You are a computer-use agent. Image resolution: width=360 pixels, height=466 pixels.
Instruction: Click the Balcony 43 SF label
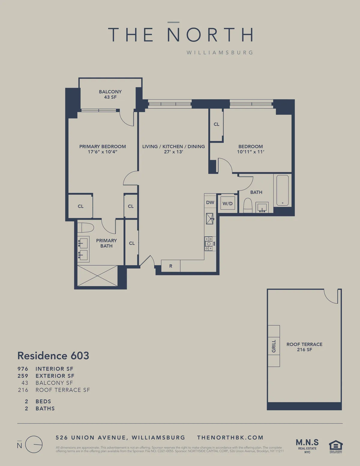point(110,94)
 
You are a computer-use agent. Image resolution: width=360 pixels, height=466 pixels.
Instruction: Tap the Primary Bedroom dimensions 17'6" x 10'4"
point(102,152)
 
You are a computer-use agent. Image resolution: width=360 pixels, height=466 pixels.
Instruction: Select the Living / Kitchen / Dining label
point(173,146)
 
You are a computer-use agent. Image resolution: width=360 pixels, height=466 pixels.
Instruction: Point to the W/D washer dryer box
point(227,203)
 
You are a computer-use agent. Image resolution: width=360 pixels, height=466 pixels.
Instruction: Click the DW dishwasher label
point(210,203)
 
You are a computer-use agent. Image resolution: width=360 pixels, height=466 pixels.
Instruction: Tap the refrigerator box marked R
point(171,266)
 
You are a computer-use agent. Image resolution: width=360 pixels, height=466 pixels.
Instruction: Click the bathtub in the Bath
point(282,191)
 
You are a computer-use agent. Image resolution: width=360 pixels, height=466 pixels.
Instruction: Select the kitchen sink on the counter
point(210,218)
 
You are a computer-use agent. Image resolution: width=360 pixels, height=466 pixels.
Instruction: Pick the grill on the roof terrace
point(274,346)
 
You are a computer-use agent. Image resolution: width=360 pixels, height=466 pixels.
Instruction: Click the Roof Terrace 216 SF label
point(304,347)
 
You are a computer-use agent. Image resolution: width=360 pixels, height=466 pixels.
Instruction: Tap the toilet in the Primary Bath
point(86,227)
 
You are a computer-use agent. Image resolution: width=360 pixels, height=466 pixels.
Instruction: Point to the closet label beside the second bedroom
point(216,124)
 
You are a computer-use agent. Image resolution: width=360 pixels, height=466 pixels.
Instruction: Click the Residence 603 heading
point(53,356)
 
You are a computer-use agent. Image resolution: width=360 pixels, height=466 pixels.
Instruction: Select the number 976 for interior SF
point(23,369)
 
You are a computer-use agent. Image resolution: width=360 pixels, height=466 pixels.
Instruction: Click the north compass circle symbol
point(34,444)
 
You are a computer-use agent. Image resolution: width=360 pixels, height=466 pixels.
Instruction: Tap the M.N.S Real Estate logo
point(307,445)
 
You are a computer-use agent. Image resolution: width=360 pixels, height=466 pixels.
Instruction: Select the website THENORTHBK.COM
point(230,437)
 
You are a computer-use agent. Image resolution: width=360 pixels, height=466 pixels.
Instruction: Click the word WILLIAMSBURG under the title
point(220,53)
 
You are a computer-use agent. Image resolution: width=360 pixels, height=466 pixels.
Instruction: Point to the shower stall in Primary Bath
point(97,276)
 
